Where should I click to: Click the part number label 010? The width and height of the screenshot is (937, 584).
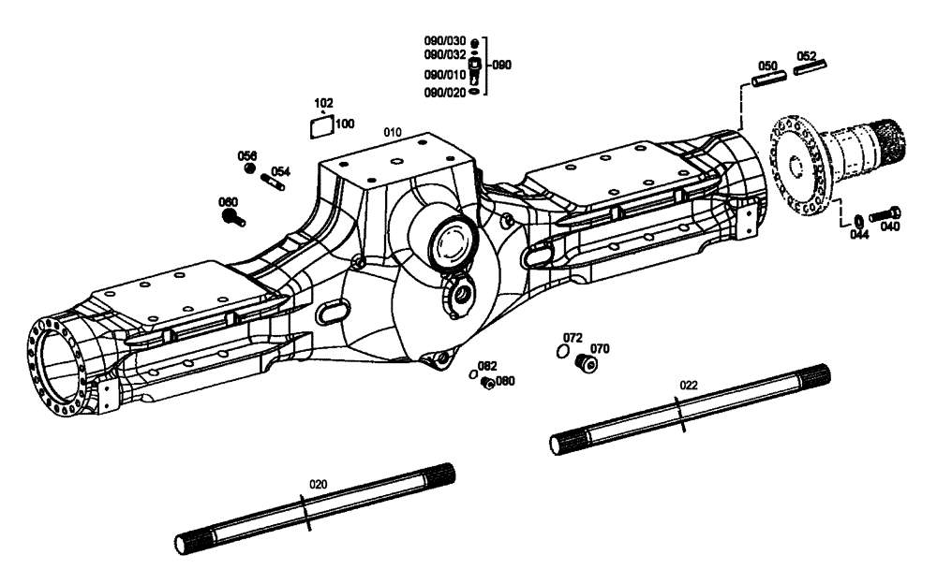(392, 133)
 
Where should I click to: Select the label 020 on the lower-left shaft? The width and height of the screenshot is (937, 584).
(319, 484)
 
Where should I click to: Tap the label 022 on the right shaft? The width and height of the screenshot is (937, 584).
(689, 385)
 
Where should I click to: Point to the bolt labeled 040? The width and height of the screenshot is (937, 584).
(884, 214)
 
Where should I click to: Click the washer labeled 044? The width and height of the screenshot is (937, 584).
(856, 220)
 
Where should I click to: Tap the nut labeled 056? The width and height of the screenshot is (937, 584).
(249, 168)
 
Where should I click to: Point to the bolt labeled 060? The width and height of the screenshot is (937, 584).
(233, 218)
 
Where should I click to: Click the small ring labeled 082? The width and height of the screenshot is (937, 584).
(474, 374)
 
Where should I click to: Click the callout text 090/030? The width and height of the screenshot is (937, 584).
(445, 42)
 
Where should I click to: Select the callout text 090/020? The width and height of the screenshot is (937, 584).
(445, 92)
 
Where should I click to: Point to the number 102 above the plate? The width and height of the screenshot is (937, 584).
(323, 103)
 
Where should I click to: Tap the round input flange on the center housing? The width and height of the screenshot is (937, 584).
(452, 239)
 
